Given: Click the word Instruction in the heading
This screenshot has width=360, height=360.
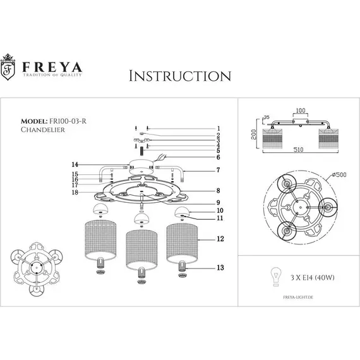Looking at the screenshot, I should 179,76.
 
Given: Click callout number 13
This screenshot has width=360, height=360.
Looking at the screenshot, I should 220,268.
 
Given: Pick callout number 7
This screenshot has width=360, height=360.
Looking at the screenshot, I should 218,171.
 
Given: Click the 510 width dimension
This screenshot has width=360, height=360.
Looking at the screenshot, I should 294,152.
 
